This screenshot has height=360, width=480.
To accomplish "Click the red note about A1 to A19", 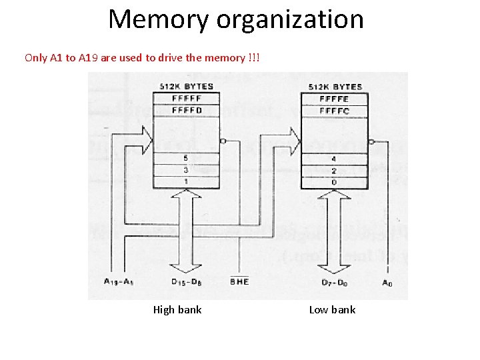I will pos(143,57).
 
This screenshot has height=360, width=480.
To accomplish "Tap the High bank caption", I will pos(177,309).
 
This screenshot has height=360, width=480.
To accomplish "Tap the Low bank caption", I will pos(332,309).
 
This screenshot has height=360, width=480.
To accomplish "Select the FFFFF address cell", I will pos(186,99).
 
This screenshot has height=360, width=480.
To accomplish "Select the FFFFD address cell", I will pos(186,110).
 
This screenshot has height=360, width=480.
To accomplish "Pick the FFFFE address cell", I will pos(334,99).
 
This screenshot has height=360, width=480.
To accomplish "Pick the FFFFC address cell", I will pos(334,110).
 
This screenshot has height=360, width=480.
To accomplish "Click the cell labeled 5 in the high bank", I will pos(186,159).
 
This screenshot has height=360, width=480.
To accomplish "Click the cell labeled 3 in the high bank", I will pos(186,171).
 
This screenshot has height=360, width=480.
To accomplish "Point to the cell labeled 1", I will pos(186,181).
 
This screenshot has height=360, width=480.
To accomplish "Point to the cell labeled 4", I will pos(334,159).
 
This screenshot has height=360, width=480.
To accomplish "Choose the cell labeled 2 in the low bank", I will pos(334,171).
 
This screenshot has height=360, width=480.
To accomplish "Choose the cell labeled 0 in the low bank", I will pos(334,181).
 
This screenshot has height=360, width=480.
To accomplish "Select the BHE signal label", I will pos(239,282).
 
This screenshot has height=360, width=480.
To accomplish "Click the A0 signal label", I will pos(387,282).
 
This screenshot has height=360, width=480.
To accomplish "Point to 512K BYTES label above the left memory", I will pos(185,87).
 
